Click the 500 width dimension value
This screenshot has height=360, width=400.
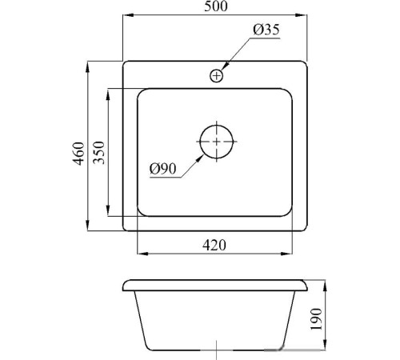216,6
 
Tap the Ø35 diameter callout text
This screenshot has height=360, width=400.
266,30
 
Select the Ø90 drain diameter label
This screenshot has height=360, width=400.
163,169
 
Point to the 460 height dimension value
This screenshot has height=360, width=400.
79,154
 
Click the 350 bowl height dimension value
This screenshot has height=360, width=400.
99,153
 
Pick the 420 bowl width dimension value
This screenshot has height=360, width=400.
214,245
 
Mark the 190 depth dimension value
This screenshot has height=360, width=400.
317,319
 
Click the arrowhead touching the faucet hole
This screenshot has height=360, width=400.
225,66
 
